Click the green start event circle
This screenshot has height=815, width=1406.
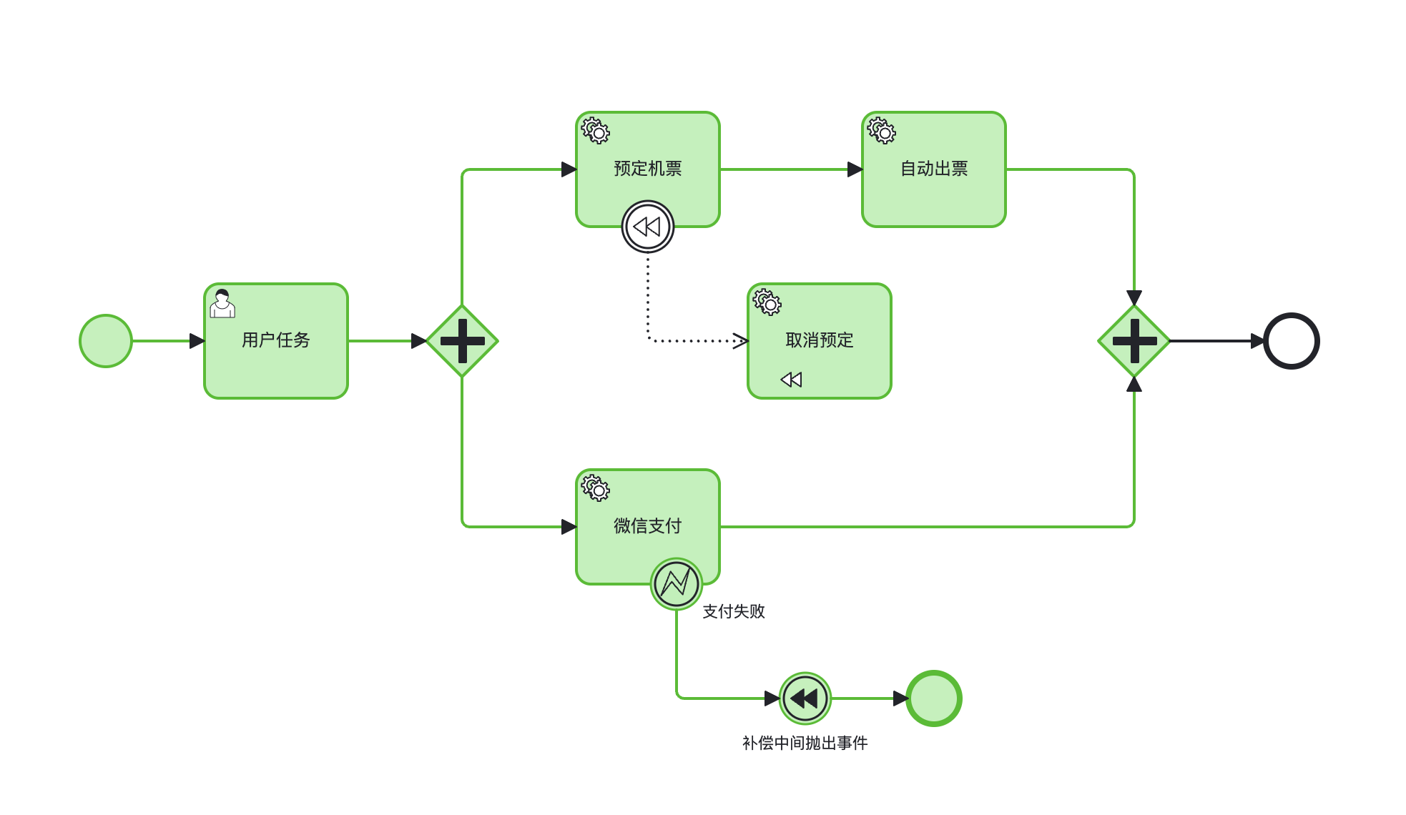pos(106,341)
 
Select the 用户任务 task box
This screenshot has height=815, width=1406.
pos(276,357)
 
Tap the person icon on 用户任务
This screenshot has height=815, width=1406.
pos(222,303)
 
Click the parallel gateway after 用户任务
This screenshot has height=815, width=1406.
pos(462,341)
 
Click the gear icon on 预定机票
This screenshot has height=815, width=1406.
pos(595,131)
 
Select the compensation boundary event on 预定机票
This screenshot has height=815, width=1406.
pos(648,227)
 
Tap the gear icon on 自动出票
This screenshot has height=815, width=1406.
pos(881,131)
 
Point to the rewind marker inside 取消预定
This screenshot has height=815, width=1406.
pos(792,380)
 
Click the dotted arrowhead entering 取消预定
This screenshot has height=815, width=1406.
pos(741,340)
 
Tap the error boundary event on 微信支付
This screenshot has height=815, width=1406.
pos(677,584)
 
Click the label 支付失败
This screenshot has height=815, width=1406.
pos(734,611)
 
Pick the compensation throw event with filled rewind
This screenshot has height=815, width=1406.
pos(805,698)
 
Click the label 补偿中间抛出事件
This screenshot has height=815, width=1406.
pos(805,744)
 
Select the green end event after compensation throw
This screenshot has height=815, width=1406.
pos(934,698)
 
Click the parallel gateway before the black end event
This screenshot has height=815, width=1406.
pos(1134,341)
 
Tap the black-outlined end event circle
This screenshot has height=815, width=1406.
pos(1292,341)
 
